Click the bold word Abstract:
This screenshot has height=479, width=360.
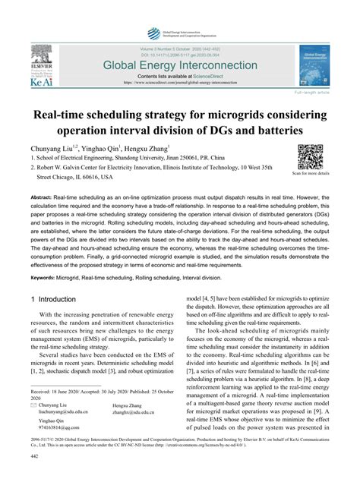45,196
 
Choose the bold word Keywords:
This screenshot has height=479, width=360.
47,279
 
